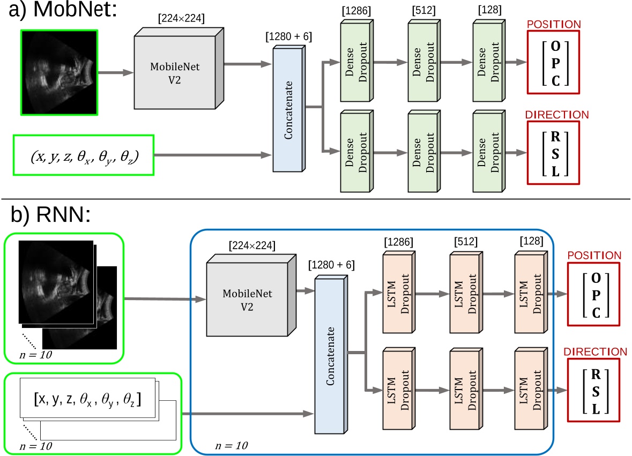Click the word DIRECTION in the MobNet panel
point(557,115)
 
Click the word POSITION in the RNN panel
point(595,255)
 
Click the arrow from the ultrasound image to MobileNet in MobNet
point(115,72)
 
